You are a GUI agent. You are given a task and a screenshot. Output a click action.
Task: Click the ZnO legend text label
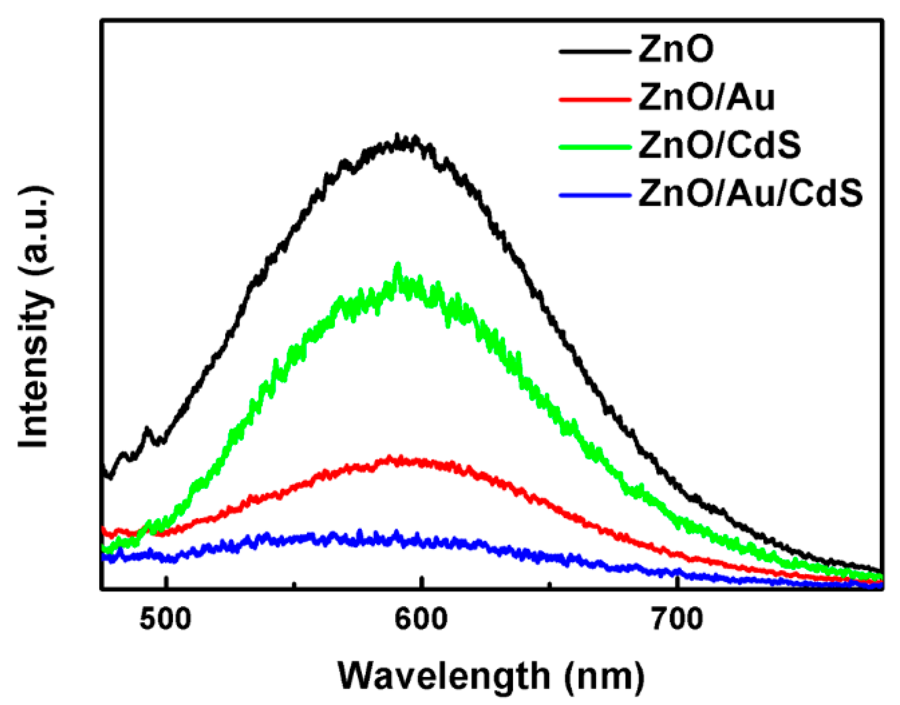(676, 51)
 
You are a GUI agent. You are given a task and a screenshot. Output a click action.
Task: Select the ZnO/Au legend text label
(706, 99)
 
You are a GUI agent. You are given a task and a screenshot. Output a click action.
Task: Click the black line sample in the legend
(595, 51)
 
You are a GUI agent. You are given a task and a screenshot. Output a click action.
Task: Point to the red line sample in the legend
(595, 100)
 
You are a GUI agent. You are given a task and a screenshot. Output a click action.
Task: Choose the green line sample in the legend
(595, 147)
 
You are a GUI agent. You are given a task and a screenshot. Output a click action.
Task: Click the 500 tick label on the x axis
(165, 619)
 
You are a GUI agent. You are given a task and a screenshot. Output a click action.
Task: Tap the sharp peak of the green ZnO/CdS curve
(398, 265)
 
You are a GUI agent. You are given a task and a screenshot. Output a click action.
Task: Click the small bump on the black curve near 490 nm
(148, 430)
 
